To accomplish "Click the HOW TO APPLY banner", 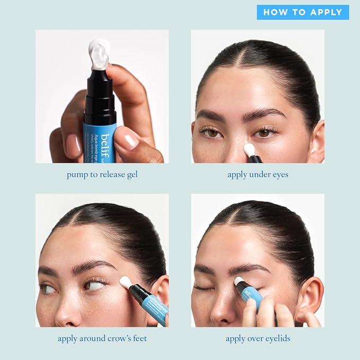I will (x=303, y=12).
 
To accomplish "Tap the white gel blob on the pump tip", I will (x=100, y=54).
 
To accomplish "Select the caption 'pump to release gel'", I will (x=102, y=174).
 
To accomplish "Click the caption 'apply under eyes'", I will (x=258, y=174).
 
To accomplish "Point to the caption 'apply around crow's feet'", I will (x=102, y=338).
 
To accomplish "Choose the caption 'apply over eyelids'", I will (x=258, y=338).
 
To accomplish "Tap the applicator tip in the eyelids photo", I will (x=240, y=282).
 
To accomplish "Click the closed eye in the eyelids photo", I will (x=202, y=287).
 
